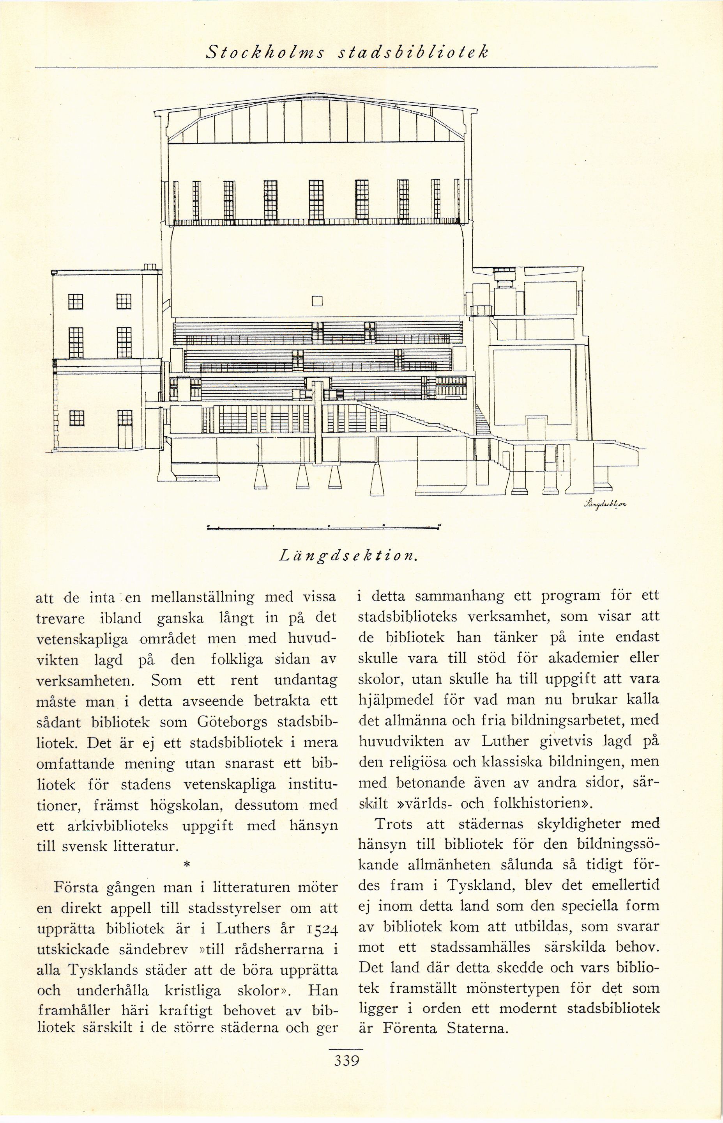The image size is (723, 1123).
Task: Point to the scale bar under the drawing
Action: click(324, 527)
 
